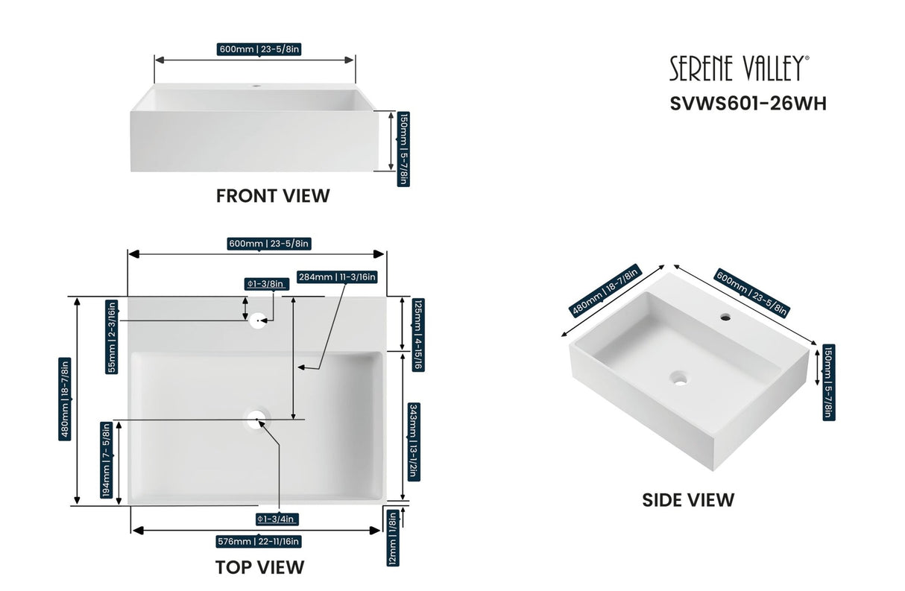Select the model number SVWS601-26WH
click(x=748, y=104)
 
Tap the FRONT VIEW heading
click(x=273, y=196)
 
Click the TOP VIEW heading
click(x=259, y=567)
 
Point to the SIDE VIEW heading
click(x=688, y=499)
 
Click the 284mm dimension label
click(x=338, y=277)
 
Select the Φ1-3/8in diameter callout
click(x=266, y=284)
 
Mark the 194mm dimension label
click(x=107, y=460)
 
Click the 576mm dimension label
click(x=259, y=542)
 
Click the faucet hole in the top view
click(x=259, y=320)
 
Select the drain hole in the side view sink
click(x=678, y=377)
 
